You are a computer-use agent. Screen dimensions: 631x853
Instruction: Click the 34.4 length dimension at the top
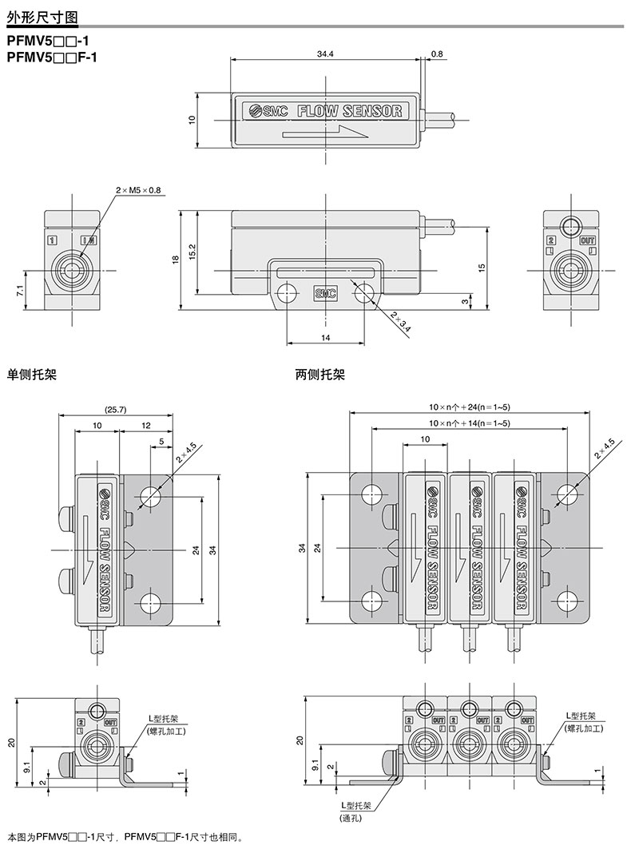[x=325, y=54]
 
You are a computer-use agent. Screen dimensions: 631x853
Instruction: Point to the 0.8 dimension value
[x=437, y=54]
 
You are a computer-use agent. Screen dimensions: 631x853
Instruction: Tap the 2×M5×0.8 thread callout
[x=138, y=190]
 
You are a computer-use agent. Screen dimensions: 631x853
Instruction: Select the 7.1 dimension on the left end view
[x=20, y=290]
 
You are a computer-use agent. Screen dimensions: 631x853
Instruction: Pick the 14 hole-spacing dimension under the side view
[x=325, y=338]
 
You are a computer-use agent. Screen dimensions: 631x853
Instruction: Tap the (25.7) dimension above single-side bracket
[x=115, y=410]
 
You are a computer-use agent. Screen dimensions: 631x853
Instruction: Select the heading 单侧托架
[x=32, y=375]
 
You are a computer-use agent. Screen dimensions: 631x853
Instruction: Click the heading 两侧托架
[x=319, y=375]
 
